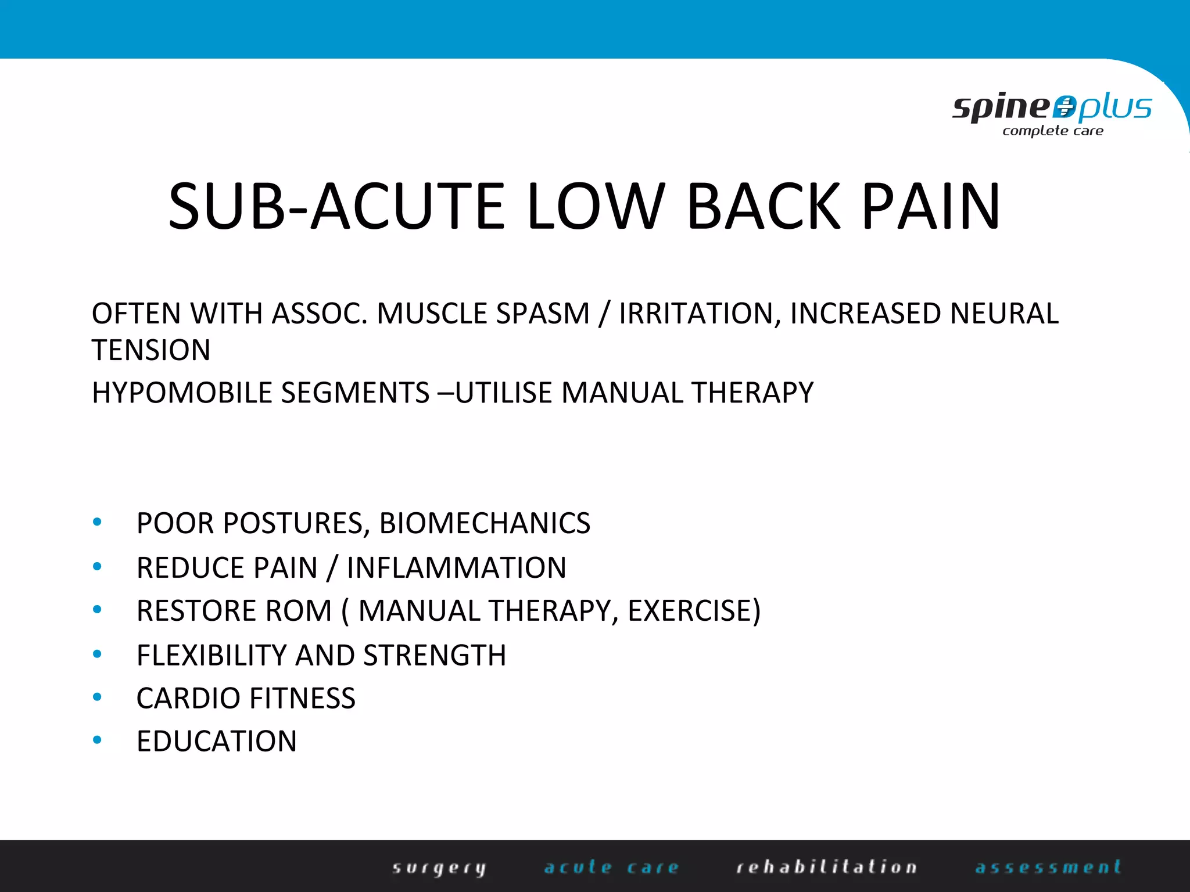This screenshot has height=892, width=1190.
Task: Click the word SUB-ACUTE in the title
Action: point(336,207)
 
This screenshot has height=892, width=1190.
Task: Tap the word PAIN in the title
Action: point(931,207)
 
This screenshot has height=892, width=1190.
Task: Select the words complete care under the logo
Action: point(1052,131)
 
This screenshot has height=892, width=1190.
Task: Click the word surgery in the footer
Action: point(439,868)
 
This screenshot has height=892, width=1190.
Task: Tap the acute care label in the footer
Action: point(611,868)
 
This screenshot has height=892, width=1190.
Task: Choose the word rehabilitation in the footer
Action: point(826,868)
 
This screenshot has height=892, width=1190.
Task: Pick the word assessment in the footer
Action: point(1048,868)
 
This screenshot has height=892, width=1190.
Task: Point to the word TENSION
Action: point(151,350)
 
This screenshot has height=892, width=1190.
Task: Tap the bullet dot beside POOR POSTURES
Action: point(98,523)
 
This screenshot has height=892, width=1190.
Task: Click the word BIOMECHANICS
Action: point(485,523)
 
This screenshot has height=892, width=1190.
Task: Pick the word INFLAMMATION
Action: point(456,568)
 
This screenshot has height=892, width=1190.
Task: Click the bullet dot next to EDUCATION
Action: point(98,740)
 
